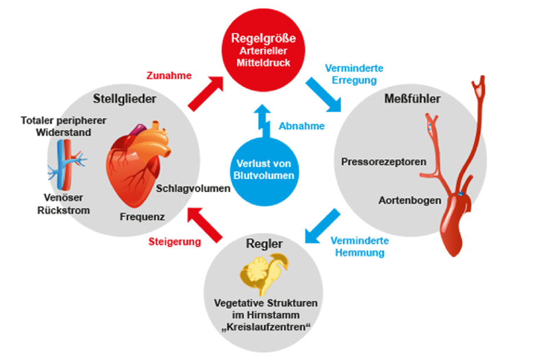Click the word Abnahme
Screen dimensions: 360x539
tap(302, 126)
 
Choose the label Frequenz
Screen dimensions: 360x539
tap(142, 217)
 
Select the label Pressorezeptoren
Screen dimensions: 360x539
tap(383, 160)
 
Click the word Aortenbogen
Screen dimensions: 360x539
tap(410, 200)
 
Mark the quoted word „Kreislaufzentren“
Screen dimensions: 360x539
tap(266, 325)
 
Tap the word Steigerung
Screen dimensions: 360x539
tap(175, 241)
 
